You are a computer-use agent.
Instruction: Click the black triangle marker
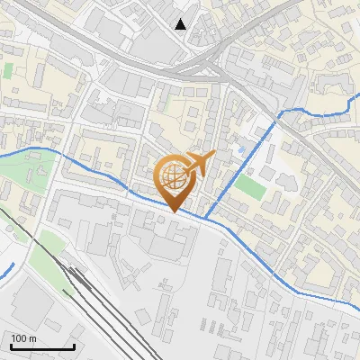point(181,24)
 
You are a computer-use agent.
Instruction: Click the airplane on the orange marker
point(199,165)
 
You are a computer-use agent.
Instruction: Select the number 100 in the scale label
point(19,338)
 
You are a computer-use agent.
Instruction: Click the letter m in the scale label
point(32,338)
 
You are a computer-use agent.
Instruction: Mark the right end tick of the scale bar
point(74,345)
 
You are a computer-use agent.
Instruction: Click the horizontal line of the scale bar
point(42,346)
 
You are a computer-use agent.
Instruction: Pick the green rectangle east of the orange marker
point(250,187)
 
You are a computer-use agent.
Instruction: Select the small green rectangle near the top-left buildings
point(9,69)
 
